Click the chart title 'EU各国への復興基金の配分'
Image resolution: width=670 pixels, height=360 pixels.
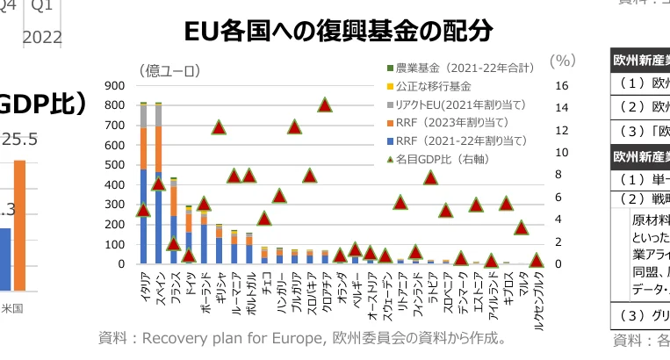(x=338, y=32)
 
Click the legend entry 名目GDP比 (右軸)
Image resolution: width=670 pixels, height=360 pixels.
(x=450, y=159)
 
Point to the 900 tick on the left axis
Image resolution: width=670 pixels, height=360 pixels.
(x=114, y=86)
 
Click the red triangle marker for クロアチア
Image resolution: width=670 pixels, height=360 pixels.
(x=325, y=105)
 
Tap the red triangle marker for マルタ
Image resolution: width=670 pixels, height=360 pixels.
(x=522, y=227)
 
